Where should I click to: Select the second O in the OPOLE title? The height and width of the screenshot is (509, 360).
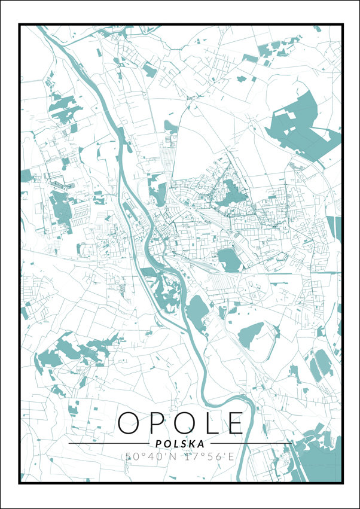(x=182, y=423)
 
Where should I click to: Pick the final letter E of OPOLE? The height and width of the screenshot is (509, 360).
(x=234, y=423)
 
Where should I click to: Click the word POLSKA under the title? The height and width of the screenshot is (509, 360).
(x=179, y=444)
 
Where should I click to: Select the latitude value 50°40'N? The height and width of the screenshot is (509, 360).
(x=150, y=456)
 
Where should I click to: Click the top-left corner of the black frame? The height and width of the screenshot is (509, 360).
(x=20, y=25)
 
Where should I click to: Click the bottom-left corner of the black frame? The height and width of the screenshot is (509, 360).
(x=20, y=483)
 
